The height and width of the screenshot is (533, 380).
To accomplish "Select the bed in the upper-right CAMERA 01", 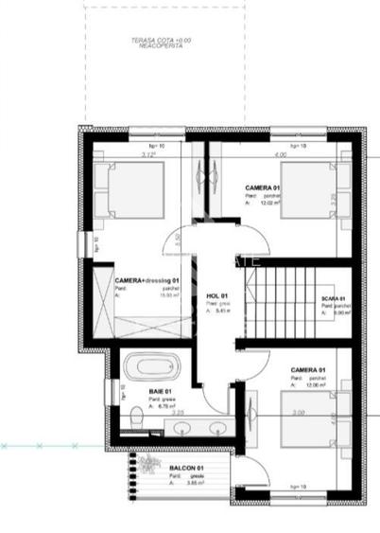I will point(309,194).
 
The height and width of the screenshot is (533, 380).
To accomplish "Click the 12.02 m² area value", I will point(270,202).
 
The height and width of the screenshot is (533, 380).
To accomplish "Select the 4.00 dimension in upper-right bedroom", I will point(279,154).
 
